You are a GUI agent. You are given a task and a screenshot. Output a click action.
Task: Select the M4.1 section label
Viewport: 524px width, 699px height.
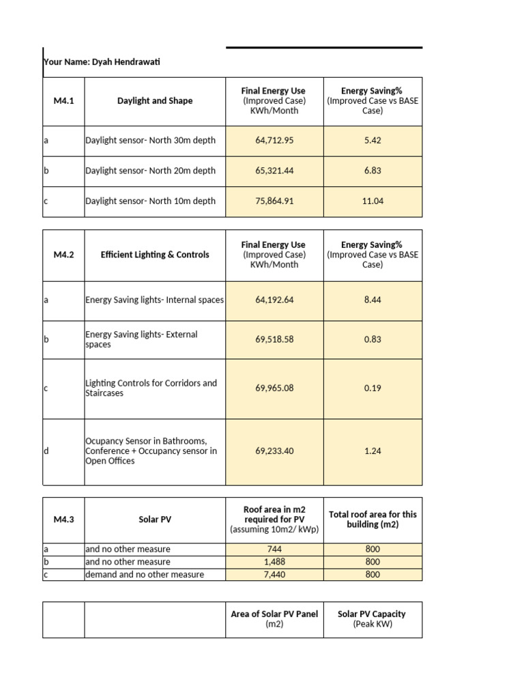pyautogui.click(x=63, y=100)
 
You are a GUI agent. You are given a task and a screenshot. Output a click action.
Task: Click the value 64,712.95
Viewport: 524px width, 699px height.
pyautogui.click(x=274, y=140)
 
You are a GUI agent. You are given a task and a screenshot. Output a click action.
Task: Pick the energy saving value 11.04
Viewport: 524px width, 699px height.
pyautogui.click(x=373, y=201)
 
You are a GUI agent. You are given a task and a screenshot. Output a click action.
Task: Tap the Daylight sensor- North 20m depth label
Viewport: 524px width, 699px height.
pyautogui.click(x=150, y=171)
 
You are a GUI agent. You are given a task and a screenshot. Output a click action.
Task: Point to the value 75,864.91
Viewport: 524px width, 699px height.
pyautogui.click(x=274, y=201)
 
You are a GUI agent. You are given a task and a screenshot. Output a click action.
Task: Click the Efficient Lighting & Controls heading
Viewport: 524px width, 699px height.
pyautogui.click(x=155, y=255)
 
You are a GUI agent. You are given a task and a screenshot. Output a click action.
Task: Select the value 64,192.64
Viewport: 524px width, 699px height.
pyautogui.click(x=274, y=299)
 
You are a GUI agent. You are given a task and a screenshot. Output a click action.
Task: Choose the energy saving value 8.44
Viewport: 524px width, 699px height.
pyautogui.click(x=373, y=299)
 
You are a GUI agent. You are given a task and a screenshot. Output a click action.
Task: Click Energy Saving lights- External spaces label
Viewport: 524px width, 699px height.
pyautogui.click(x=141, y=339)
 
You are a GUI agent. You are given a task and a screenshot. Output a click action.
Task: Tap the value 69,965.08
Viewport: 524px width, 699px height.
pyautogui.click(x=274, y=388)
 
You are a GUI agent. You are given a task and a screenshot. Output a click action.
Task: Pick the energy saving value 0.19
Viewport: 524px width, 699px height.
pyautogui.click(x=373, y=388)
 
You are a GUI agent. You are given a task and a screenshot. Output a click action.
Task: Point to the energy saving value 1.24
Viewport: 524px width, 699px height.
pyautogui.click(x=373, y=451)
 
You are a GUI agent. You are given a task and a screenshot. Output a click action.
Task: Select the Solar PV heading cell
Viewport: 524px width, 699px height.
pyautogui.click(x=155, y=519)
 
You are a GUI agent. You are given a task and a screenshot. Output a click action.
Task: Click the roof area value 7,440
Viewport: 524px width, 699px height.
pyautogui.click(x=274, y=575)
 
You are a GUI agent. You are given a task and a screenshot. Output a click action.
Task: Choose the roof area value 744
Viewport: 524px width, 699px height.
pyautogui.click(x=274, y=549)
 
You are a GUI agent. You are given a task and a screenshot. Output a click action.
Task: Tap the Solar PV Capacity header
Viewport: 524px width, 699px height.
pyautogui.click(x=372, y=619)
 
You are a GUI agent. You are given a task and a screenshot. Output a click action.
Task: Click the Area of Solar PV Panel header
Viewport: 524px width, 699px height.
pyautogui.click(x=274, y=619)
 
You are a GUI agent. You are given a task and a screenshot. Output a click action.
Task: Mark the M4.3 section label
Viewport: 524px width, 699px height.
pyautogui.click(x=63, y=519)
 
